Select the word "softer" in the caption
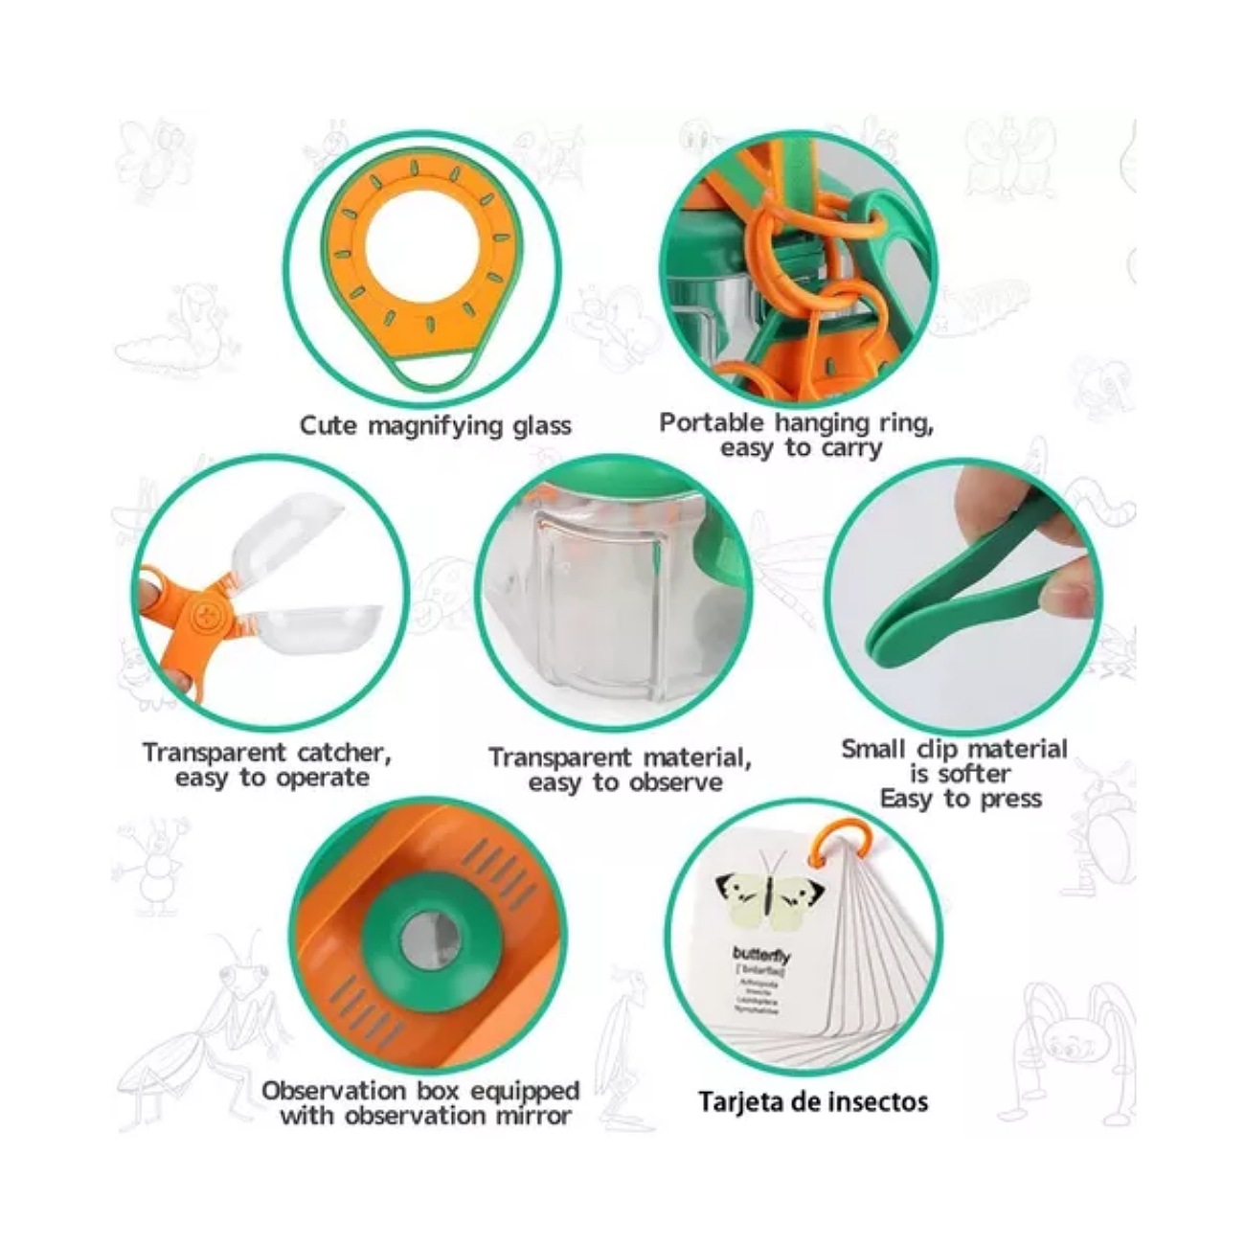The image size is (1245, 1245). (x=974, y=774)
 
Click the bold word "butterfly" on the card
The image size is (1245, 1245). (x=761, y=954)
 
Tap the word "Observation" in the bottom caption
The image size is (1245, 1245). (x=334, y=1091)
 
